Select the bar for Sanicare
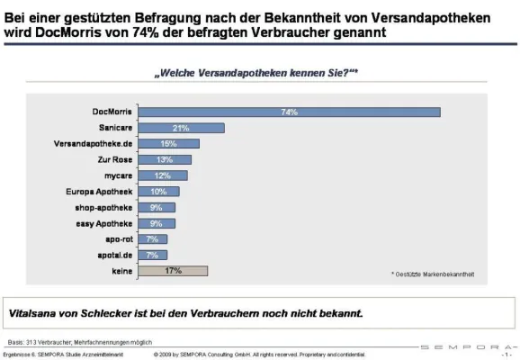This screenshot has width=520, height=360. point(181,128)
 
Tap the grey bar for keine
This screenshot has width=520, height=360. point(175,270)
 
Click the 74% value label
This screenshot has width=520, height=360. point(289,112)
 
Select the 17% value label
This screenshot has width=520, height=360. point(175,270)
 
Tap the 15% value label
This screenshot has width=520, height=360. point(169,144)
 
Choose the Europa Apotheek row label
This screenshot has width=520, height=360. point(99,192)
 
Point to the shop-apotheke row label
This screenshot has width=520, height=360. point(103,207)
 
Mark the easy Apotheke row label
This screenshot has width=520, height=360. point(103,223)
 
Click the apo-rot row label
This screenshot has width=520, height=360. point(117,238)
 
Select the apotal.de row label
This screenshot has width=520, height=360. point(114,255)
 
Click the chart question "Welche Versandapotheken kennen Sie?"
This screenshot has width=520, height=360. point(257,72)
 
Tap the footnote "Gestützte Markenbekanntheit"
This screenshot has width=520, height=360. point(436,273)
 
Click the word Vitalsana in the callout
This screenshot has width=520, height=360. point(33,314)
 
